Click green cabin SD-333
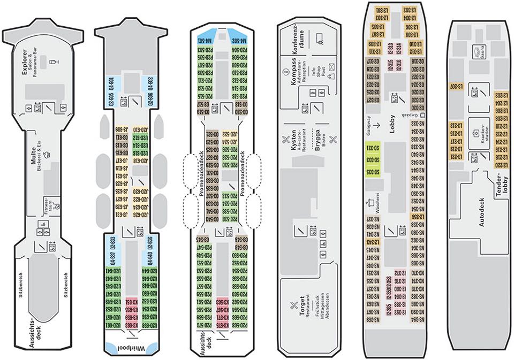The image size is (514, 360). (x=369, y=160)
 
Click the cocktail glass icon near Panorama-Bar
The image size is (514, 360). (x=51, y=63)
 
